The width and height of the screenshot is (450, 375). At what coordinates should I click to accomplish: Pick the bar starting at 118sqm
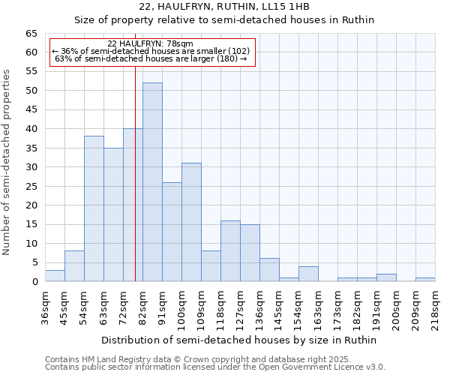click(230, 251)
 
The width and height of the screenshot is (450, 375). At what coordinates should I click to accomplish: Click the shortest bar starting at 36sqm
click(55, 276)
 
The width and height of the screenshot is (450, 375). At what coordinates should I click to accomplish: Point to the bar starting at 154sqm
click(308, 274)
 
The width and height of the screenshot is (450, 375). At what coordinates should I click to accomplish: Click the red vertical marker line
click(135, 187)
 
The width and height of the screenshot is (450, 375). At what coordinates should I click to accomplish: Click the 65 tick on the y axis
click(31, 34)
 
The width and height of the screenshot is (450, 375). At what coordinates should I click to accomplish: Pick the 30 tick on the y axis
click(31, 167)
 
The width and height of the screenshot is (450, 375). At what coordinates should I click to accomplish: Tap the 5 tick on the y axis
click(34, 262)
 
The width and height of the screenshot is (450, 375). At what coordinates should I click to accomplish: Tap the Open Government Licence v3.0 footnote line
click(215, 367)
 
